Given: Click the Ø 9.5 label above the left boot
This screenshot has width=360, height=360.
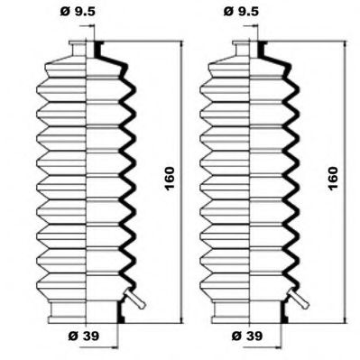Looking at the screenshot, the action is [78, 12].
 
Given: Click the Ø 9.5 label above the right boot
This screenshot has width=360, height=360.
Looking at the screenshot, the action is [241, 12].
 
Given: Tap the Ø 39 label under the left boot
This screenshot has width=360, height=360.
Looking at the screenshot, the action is [84, 336].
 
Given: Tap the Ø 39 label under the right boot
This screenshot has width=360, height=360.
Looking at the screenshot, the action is [247, 336].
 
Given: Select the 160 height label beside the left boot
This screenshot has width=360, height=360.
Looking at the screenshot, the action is [170, 179].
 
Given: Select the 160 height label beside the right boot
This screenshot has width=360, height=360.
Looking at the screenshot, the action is [333, 179].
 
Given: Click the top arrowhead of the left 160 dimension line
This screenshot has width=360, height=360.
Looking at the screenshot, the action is [181, 45].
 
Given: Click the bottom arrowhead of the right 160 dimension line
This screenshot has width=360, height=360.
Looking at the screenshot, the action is [345, 319].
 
